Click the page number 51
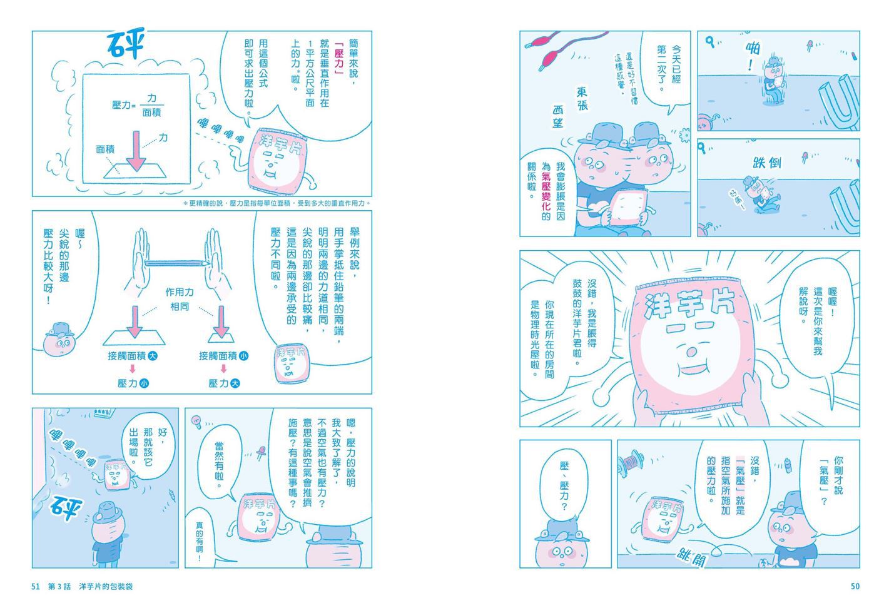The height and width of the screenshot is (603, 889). pyautogui.click(x=36, y=586)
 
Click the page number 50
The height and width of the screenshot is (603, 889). pyautogui.click(x=855, y=586)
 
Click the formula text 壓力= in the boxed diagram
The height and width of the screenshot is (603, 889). pyautogui.click(x=124, y=105)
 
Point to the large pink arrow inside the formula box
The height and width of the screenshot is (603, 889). pyautogui.click(x=136, y=151)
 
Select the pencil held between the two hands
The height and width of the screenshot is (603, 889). pyautogui.click(x=177, y=263)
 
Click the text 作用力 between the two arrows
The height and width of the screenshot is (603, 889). pyautogui.click(x=180, y=292)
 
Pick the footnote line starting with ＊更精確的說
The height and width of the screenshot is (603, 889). pyautogui.click(x=277, y=203)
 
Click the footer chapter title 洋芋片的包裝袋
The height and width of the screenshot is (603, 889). pyautogui.click(x=106, y=586)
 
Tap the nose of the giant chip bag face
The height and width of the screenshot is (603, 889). pyautogui.click(x=691, y=352)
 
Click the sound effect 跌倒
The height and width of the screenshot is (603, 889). pyautogui.click(x=767, y=163)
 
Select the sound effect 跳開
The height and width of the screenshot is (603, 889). pyautogui.click(x=692, y=557)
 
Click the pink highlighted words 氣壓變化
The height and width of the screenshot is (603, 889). pyautogui.click(x=546, y=191)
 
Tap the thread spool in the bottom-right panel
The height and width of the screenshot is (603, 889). pyautogui.click(x=631, y=462)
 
